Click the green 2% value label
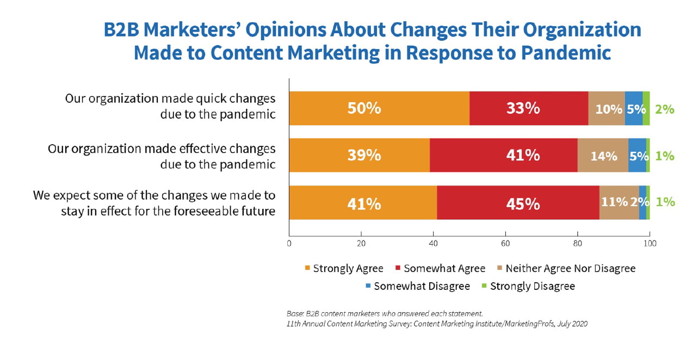pos(665,109)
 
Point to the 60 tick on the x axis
pos(505,244)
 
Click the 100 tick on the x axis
pos(650,244)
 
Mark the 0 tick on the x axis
pos(289,244)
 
